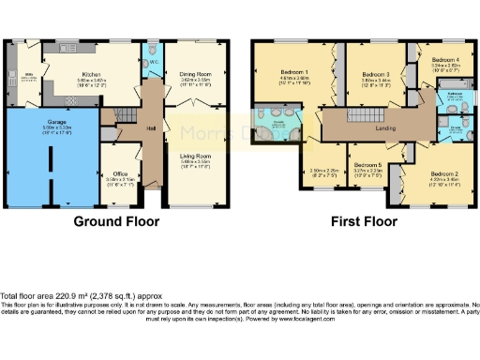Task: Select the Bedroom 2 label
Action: click(444, 174)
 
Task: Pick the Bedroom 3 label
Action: click(375, 73)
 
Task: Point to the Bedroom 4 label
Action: click(445, 59)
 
